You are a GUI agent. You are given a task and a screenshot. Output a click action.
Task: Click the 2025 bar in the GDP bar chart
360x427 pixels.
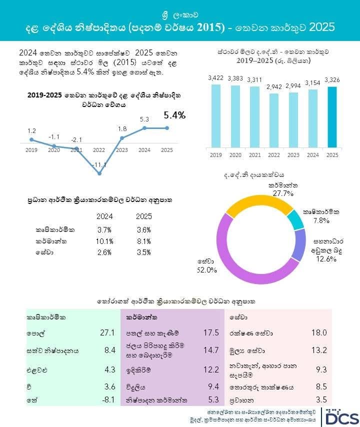332,117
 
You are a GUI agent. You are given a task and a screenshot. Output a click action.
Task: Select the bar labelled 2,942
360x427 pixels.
274,120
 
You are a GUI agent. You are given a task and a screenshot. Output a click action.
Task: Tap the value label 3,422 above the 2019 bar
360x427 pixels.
216,78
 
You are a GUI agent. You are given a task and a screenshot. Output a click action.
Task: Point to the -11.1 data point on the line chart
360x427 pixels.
99,173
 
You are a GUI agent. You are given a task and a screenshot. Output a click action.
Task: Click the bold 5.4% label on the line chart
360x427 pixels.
174,115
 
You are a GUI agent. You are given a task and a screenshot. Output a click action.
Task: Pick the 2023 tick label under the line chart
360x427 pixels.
121,150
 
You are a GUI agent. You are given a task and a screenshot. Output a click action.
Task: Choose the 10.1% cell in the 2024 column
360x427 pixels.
104,241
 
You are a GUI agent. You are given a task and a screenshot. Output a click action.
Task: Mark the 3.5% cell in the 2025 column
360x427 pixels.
144,252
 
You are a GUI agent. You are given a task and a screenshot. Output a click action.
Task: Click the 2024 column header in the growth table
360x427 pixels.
104,216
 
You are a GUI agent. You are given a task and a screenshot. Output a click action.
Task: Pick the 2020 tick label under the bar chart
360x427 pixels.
235,155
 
